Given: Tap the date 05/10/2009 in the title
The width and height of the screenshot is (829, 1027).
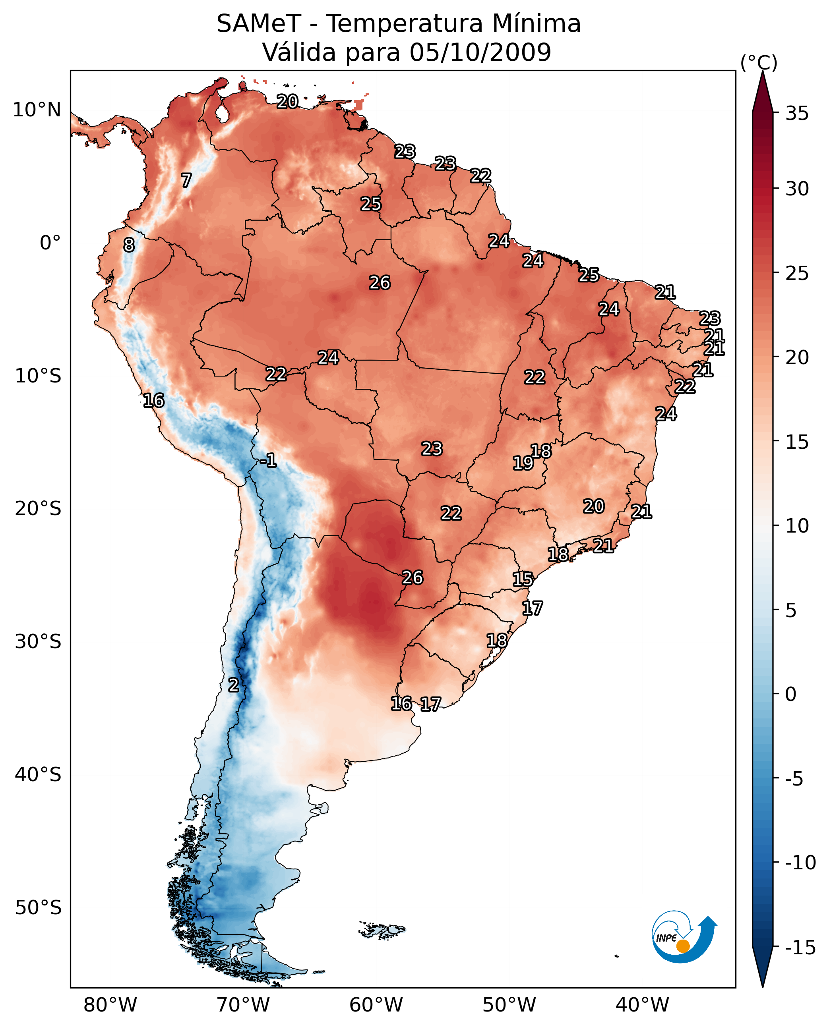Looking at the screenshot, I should [x=480, y=52].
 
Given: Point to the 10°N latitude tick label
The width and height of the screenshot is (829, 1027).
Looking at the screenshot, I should [x=37, y=110].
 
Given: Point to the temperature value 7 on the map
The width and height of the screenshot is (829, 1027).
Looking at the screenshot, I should [x=186, y=180].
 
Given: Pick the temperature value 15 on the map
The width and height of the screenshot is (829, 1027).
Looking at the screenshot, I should [x=523, y=579].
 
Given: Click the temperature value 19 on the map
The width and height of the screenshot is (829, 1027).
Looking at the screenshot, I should [x=523, y=463].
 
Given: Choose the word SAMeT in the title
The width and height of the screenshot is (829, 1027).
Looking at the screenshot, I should [x=259, y=24].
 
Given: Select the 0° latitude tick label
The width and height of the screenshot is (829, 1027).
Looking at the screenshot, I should [x=50, y=243].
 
